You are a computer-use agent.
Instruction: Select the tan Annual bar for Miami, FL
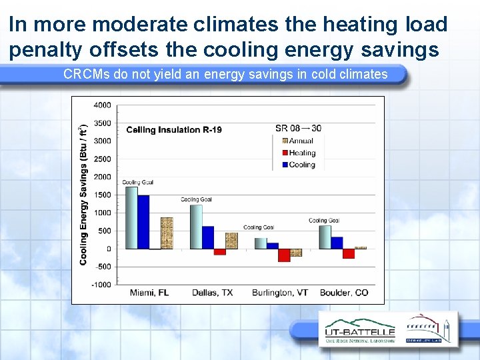166,233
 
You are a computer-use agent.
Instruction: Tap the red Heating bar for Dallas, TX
220,251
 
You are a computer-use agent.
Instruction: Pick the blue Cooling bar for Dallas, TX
208,237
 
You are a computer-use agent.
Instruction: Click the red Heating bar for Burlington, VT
284,255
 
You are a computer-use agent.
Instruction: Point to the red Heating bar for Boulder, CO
348,253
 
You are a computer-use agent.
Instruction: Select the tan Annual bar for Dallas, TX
231,241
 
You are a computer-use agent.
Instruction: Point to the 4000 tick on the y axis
103,105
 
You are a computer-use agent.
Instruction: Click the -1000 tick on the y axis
101,285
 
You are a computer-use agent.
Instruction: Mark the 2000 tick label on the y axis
103,177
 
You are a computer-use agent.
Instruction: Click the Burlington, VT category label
280,293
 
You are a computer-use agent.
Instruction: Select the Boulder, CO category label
344,293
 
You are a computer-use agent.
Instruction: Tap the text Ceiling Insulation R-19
173,129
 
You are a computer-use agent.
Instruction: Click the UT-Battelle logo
359,331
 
